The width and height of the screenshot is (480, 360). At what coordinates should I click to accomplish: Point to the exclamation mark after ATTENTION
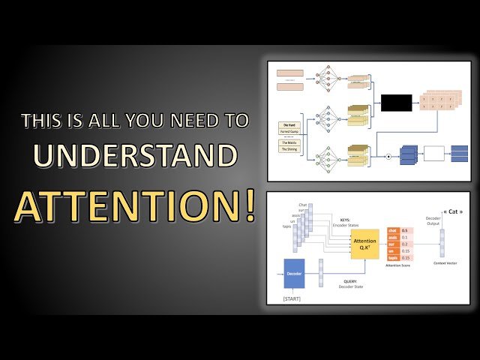(x=247, y=204)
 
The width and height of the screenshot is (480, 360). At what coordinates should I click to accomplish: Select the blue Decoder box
(x=294, y=274)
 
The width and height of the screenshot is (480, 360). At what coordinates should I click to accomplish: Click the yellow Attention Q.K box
(x=365, y=244)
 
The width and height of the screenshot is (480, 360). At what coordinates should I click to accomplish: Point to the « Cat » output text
(x=450, y=213)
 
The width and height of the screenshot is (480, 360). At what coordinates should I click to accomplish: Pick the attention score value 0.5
(x=405, y=231)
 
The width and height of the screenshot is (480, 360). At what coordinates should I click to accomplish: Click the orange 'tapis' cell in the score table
(x=393, y=256)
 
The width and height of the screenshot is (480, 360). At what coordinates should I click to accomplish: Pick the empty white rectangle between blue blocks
(x=434, y=154)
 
